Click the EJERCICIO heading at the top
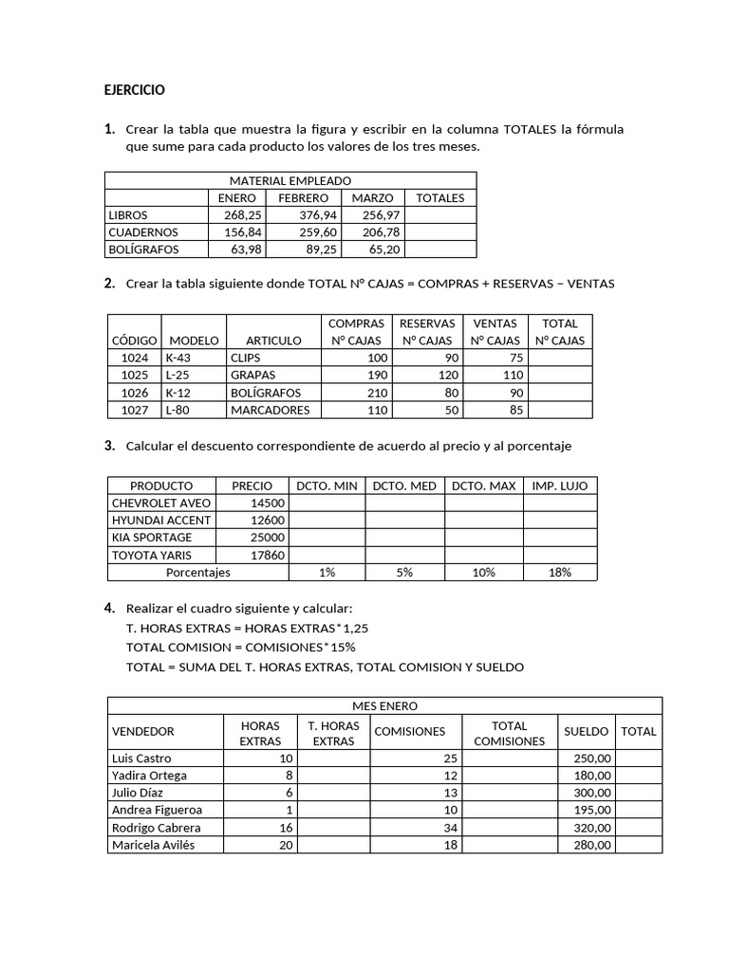[134, 90]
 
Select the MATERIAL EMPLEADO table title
[290, 180]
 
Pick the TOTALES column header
[440, 198]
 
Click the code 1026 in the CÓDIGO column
[136, 393]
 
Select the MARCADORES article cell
[270, 411]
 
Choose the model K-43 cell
[178, 358]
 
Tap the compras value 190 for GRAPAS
[378, 376]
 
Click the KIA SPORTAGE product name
[153, 538]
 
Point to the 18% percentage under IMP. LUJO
[560, 573]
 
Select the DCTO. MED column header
[404, 485]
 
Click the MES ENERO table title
[384, 706]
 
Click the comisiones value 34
[450, 828]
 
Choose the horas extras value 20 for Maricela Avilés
[286, 845]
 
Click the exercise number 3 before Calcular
[109, 446]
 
